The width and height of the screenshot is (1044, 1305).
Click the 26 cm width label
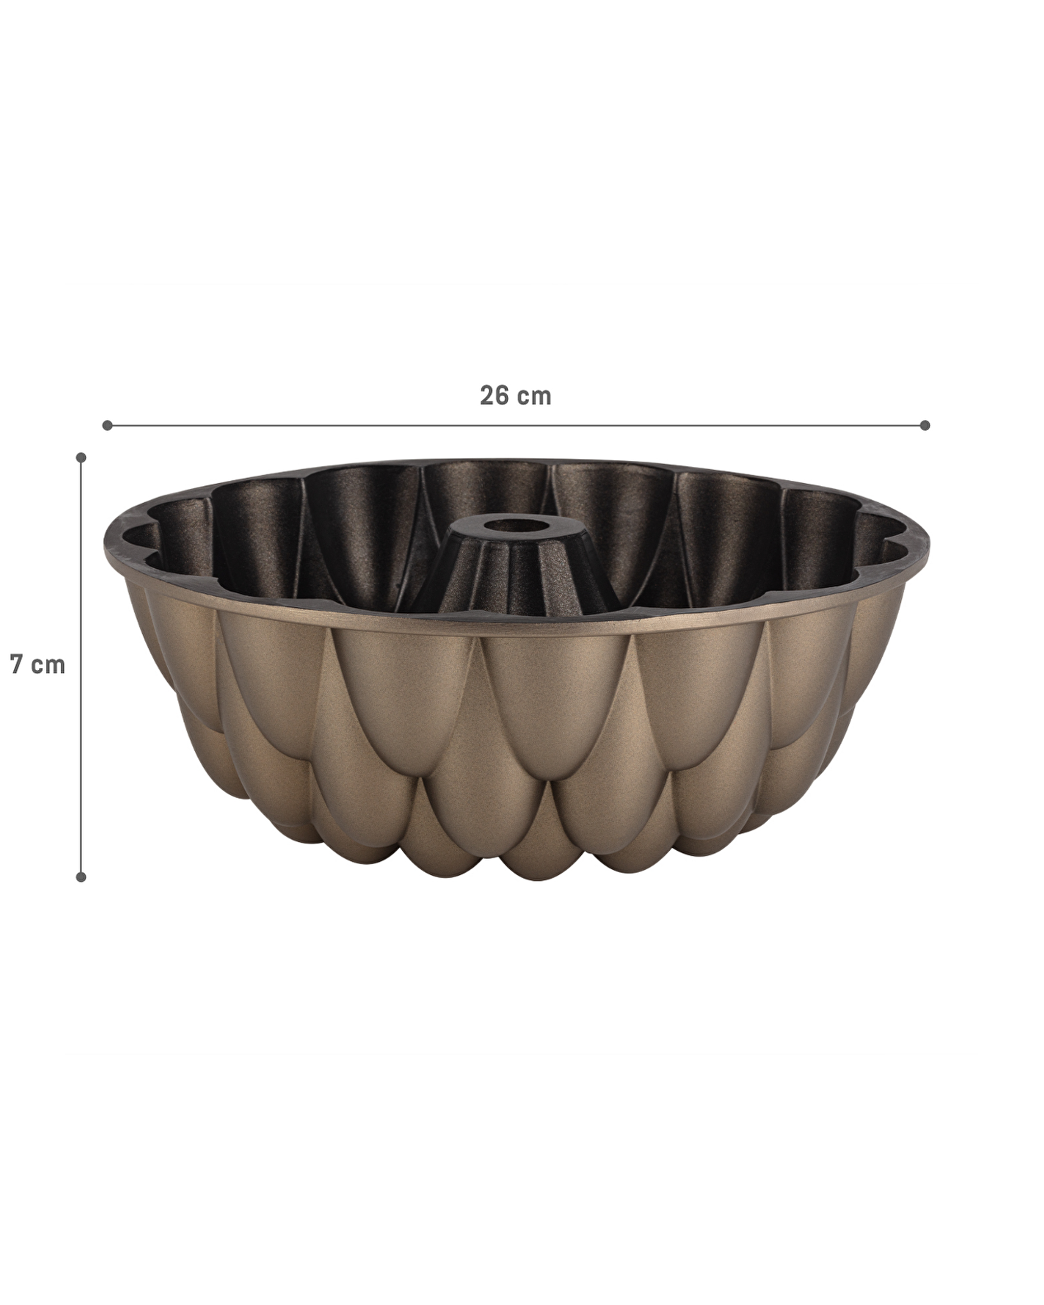click(x=516, y=396)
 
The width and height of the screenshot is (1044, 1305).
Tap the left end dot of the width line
click(x=108, y=425)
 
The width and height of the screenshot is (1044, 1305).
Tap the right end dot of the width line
click(x=924, y=425)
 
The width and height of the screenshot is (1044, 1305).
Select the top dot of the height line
click(x=81, y=458)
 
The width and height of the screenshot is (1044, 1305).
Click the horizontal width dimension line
click(x=516, y=425)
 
